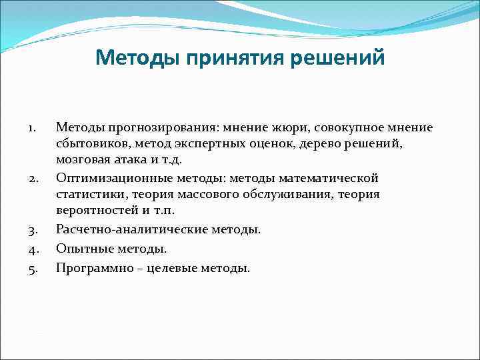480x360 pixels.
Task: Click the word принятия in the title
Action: click(x=237, y=59)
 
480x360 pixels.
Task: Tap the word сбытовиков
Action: click(x=89, y=144)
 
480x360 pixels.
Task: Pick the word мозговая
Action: click(x=81, y=161)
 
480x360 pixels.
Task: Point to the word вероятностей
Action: click(x=92, y=211)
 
